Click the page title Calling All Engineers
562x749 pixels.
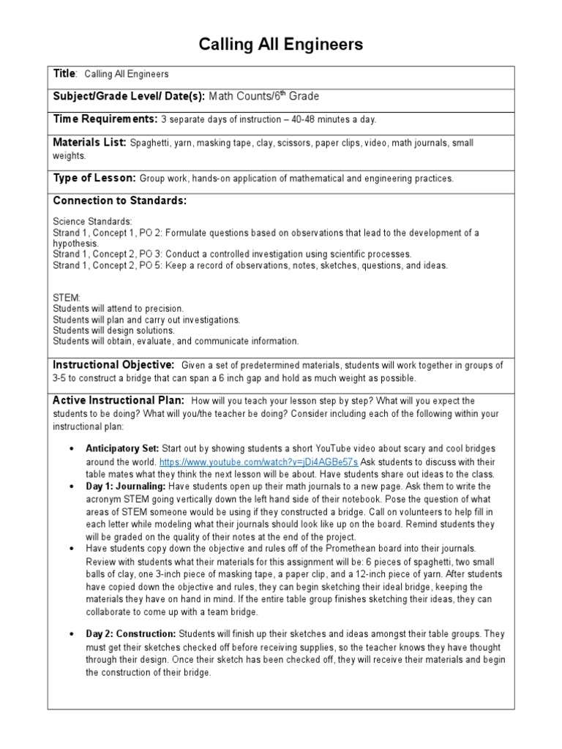coord(281,45)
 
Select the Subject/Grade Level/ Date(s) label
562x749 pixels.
coord(129,96)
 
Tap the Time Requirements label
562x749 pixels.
coord(105,118)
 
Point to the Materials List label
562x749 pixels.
coord(90,143)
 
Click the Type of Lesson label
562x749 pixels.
coord(94,178)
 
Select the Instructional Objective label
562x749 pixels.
coord(113,364)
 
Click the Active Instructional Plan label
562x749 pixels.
coord(119,400)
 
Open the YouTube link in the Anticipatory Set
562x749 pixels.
coord(258,462)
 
